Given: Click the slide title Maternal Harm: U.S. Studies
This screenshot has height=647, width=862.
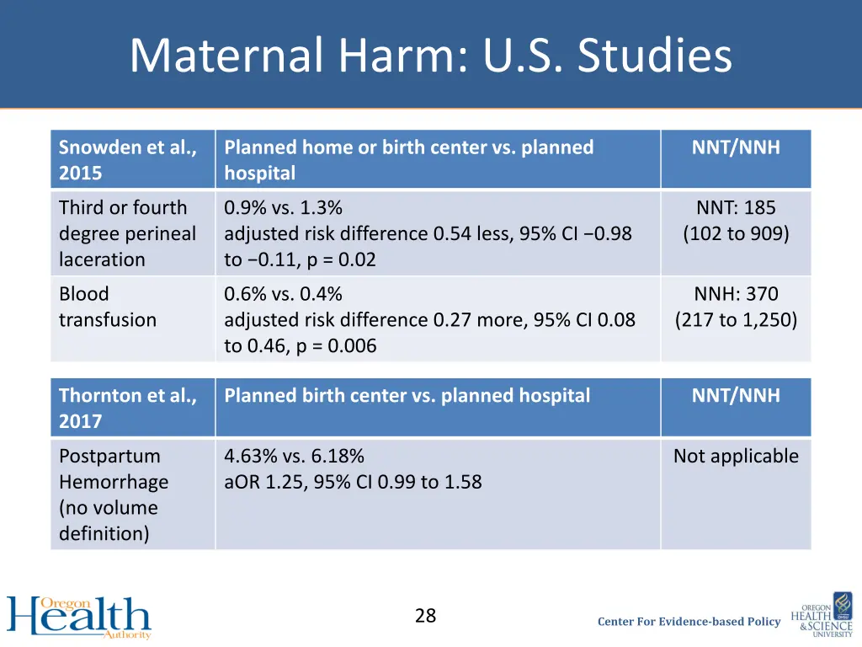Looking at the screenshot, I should pyautogui.click(x=430, y=56).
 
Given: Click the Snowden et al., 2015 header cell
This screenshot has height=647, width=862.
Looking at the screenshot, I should pyautogui.click(x=128, y=160).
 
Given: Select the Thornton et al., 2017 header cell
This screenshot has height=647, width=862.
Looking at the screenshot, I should pyautogui.click(x=128, y=408).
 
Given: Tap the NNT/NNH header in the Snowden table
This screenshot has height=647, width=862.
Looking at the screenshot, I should pyautogui.click(x=736, y=148).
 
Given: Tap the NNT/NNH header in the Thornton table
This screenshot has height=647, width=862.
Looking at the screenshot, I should pyautogui.click(x=736, y=396).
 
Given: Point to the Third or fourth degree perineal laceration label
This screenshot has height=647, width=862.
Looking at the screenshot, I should pyautogui.click(x=126, y=233).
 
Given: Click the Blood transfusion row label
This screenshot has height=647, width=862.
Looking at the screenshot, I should pyautogui.click(x=108, y=307).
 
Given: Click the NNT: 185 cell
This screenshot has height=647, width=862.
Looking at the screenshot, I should pyautogui.click(x=736, y=208).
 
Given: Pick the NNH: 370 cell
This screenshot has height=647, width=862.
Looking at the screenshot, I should pyautogui.click(x=736, y=295).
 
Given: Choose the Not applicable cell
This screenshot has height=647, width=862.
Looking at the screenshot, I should pyautogui.click(x=736, y=457).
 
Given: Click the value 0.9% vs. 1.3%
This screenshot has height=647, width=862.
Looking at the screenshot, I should pyautogui.click(x=283, y=208).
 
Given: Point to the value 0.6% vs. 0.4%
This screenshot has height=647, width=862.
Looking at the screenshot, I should pyautogui.click(x=283, y=295).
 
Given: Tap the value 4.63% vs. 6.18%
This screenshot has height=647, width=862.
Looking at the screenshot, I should pyautogui.click(x=294, y=457).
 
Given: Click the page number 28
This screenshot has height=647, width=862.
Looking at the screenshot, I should pyautogui.click(x=425, y=616).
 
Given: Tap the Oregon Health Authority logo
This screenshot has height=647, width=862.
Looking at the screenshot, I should pyautogui.click(x=79, y=618).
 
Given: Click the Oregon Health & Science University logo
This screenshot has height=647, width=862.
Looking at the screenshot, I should pyautogui.click(x=821, y=615).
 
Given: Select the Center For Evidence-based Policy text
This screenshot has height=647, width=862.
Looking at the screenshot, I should pyautogui.click(x=689, y=622).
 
